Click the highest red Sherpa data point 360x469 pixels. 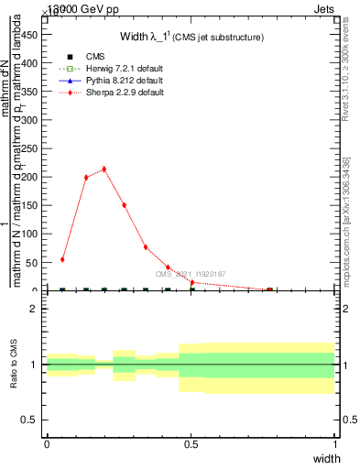[104, 169]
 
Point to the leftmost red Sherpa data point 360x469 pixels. [62, 259]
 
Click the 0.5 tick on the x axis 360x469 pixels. [191, 444]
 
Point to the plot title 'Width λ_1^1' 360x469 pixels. [192, 38]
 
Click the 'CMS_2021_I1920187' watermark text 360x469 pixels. [190, 274]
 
